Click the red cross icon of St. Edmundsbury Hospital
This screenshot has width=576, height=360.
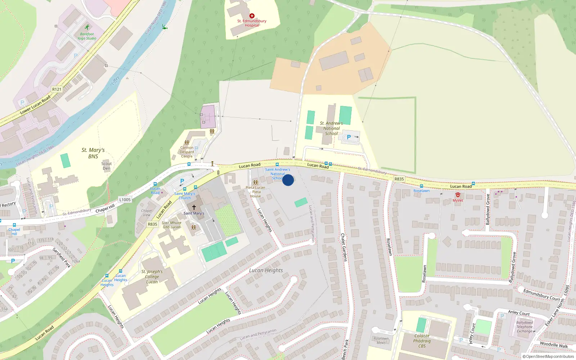pyautogui.click(x=252, y=16)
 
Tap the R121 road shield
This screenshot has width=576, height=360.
pyautogui.click(x=57, y=89)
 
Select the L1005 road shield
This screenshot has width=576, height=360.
pyautogui.click(x=125, y=200)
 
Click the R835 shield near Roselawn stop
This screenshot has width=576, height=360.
pyautogui.click(x=399, y=179)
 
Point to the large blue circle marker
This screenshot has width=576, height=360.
pyautogui.click(x=288, y=180)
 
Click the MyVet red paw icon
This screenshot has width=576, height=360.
pyautogui.click(x=458, y=195)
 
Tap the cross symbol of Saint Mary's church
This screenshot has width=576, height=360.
pyautogui.click(x=194, y=207)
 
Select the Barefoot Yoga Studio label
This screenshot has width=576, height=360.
pyautogui.click(x=87, y=36)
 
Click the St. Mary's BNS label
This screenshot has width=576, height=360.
pyautogui.click(x=93, y=153)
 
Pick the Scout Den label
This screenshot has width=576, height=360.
pyautogui.click(x=107, y=166)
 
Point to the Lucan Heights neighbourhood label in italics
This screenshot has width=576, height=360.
pyautogui.click(x=266, y=270)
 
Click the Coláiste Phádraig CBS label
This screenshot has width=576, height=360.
pyautogui.click(x=422, y=341)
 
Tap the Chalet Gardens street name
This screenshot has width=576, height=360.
pyautogui.click(x=344, y=247)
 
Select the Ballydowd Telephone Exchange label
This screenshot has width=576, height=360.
pyautogui.click(x=525, y=327)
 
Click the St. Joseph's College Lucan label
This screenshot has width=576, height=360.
pyautogui.click(x=152, y=276)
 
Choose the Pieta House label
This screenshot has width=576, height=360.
pyautogui.click(x=256, y=192)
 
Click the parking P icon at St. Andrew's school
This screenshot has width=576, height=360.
pyautogui.click(x=348, y=137)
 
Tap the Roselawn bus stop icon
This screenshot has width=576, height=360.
pyautogui.click(x=422, y=186)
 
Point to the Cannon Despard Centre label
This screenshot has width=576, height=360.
pyautogui.click(x=187, y=152)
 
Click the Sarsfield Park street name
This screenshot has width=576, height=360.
pyautogui.click(x=62, y=257)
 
